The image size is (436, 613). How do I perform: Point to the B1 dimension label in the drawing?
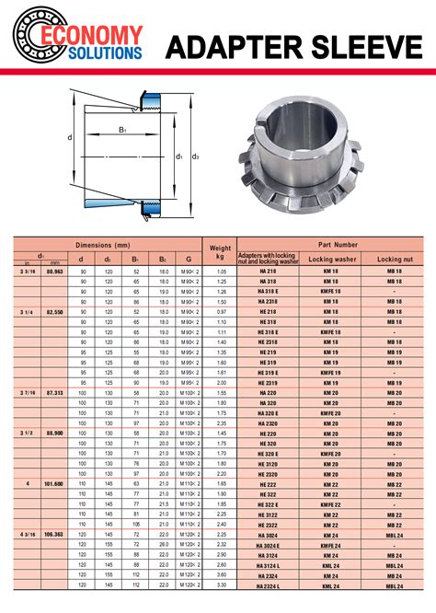click(x=122, y=130)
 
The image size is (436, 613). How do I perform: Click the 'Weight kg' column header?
click(x=221, y=252)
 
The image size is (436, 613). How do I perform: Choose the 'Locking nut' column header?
click(x=394, y=260)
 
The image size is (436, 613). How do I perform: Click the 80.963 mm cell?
click(x=54, y=272)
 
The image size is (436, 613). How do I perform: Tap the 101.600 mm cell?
click(x=54, y=482)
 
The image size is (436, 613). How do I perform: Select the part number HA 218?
click(x=268, y=272)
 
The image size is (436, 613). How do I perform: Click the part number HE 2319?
click(x=268, y=381)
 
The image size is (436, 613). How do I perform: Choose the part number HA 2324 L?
click(x=268, y=584)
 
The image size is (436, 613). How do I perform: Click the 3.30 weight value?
click(x=221, y=584)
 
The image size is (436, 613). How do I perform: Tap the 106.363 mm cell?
click(x=54, y=533)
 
